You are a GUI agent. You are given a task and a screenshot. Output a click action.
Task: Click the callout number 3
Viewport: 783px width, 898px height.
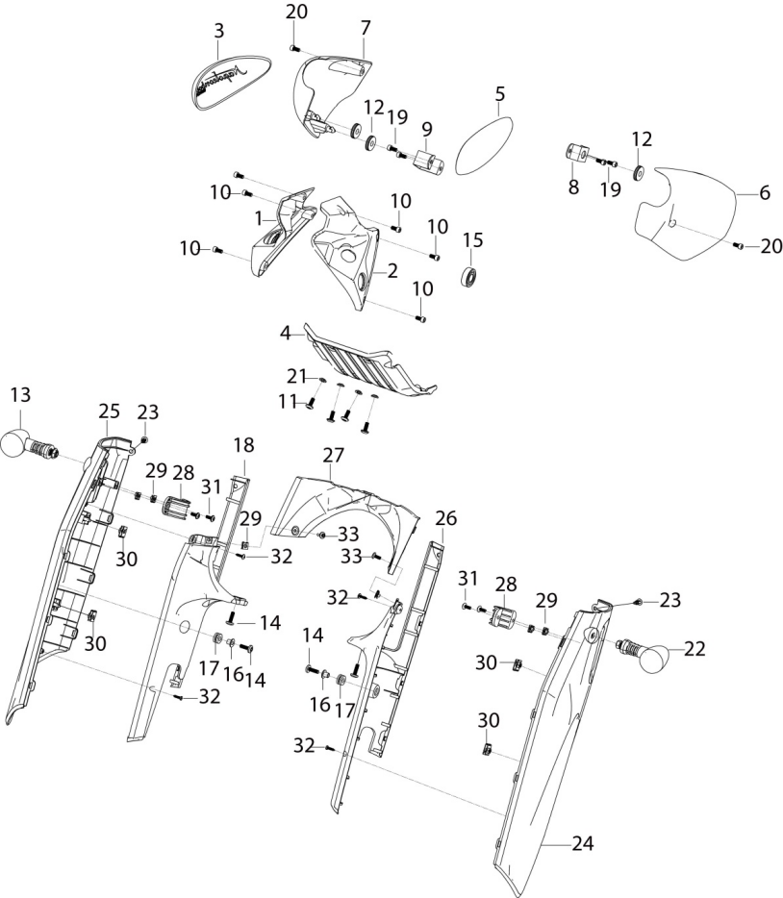tap(219, 31)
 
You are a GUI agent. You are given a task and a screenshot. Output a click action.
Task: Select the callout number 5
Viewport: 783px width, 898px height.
tap(500, 93)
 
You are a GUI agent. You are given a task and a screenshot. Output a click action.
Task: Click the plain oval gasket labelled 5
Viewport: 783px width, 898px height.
tap(484, 145)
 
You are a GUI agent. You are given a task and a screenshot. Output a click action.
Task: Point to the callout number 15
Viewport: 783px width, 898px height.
tap(472, 240)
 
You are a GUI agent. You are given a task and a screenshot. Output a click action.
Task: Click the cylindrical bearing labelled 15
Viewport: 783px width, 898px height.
tap(470, 276)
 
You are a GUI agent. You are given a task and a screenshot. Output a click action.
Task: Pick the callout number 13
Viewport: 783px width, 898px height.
tap(20, 396)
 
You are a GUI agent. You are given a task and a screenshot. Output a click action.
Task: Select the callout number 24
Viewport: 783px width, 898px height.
tap(583, 843)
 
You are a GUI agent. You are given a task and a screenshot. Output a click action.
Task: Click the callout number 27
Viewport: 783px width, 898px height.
tap(334, 456)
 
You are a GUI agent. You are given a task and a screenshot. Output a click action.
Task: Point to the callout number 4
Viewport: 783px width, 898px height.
tap(286, 334)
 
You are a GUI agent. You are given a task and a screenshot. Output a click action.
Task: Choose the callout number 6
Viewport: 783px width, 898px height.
tap(766, 193)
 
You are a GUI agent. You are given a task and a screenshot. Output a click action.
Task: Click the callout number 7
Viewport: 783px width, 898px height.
tap(366, 28)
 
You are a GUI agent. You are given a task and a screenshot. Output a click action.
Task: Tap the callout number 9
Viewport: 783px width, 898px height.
tap(427, 130)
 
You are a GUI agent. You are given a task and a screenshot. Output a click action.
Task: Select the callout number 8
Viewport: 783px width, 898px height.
tap(573, 187)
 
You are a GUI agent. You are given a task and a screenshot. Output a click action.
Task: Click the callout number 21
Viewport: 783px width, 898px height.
tap(297, 376)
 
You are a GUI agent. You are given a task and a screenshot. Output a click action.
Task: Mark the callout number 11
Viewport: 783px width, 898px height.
tap(287, 403)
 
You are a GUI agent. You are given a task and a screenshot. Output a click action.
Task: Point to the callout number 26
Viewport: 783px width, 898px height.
tap(446, 519)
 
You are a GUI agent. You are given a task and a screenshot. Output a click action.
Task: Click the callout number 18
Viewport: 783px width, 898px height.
tap(243, 445)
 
